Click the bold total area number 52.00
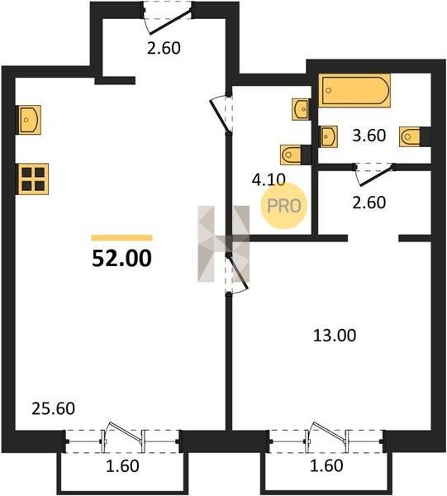click(x=122, y=258)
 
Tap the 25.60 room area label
click(x=54, y=408)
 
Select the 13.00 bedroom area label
click(x=335, y=336)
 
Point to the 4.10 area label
click(x=269, y=179)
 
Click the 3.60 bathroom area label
click(x=369, y=136)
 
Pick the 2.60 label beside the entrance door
click(x=164, y=49)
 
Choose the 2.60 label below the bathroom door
click(x=369, y=203)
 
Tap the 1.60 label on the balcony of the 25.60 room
click(x=122, y=466)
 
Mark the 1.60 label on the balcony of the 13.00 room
click(x=326, y=465)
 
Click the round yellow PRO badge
click(x=284, y=206)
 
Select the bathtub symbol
click(x=354, y=91)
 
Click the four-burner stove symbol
click(x=33, y=179)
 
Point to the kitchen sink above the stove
click(x=30, y=120)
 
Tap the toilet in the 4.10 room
click(x=292, y=155)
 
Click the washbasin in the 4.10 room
click(x=300, y=109)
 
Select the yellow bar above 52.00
click(x=122, y=238)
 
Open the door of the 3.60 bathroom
click(x=374, y=174)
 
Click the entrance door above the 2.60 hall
click(x=168, y=19)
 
